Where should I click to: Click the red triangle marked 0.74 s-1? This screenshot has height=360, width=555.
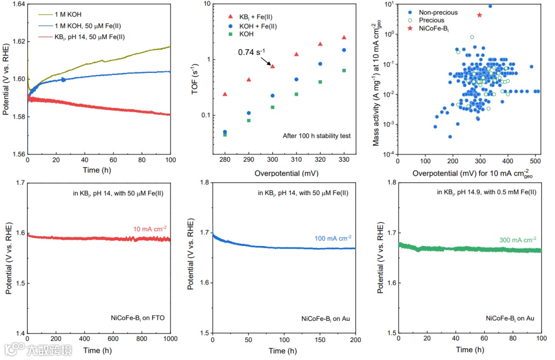pos(273,66)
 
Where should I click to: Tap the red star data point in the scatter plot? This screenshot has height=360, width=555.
pos(479,15)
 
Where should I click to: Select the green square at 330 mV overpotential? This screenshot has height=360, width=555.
pos(344,70)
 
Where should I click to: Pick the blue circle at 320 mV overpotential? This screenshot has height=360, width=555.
pos(320,64)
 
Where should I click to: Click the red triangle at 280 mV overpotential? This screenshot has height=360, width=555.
pos(225,94)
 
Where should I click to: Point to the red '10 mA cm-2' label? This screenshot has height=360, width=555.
pos(149,229)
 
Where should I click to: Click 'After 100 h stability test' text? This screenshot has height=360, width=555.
pos(317,136)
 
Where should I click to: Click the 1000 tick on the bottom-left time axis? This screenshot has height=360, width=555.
pos(170,339)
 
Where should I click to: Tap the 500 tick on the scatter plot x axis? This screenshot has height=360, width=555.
pos(535,160)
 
